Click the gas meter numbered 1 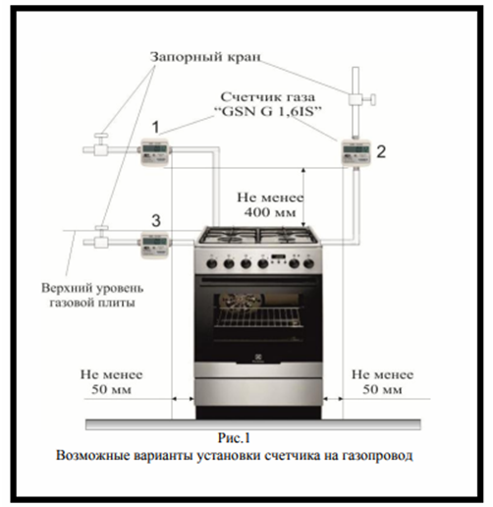click(x=154, y=152)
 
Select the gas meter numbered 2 click(x=356, y=153)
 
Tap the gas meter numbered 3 click(x=154, y=245)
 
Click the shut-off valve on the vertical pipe click(x=360, y=99)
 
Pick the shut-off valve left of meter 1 click(x=101, y=145)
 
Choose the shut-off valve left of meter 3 click(x=101, y=238)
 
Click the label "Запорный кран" click(x=205, y=57)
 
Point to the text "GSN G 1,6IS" click(x=268, y=112)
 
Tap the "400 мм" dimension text click(x=270, y=212)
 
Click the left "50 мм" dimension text click(x=111, y=389)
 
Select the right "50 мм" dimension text click(x=382, y=389)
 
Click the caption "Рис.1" click(x=234, y=438)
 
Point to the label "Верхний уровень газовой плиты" click(x=92, y=295)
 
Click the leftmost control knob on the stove click(x=212, y=263)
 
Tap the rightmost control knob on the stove click(x=308, y=263)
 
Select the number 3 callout click(x=156, y=221)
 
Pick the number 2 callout click(x=381, y=152)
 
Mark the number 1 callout click(x=156, y=127)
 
